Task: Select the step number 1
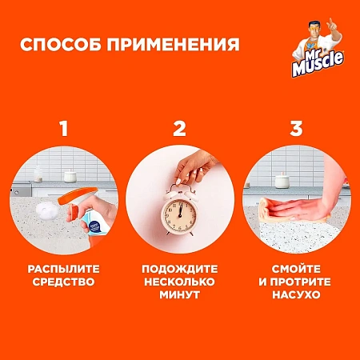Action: tap(63, 128)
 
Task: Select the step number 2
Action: tap(180, 128)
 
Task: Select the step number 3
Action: tap(297, 128)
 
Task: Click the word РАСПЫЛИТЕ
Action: tap(63, 269)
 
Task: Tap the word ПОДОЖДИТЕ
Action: tap(180, 269)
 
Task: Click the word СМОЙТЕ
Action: tap(297, 269)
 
